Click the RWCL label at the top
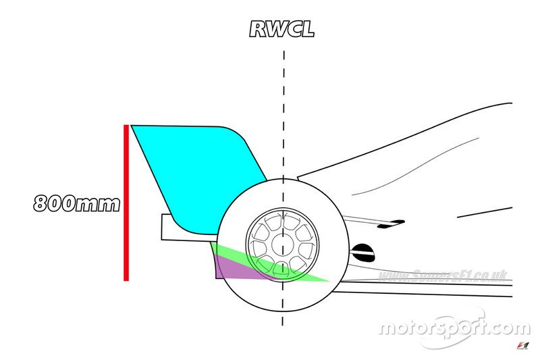click(282, 30)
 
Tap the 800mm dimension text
click(76, 203)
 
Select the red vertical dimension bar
click(126, 203)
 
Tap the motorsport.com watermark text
click(454, 328)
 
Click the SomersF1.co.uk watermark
click(442, 276)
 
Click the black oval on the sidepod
click(363, 252)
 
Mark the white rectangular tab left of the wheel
click(169, 227)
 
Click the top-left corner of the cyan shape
click(132, 126)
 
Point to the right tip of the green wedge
click(329, 280)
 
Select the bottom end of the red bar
click(126, 278)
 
